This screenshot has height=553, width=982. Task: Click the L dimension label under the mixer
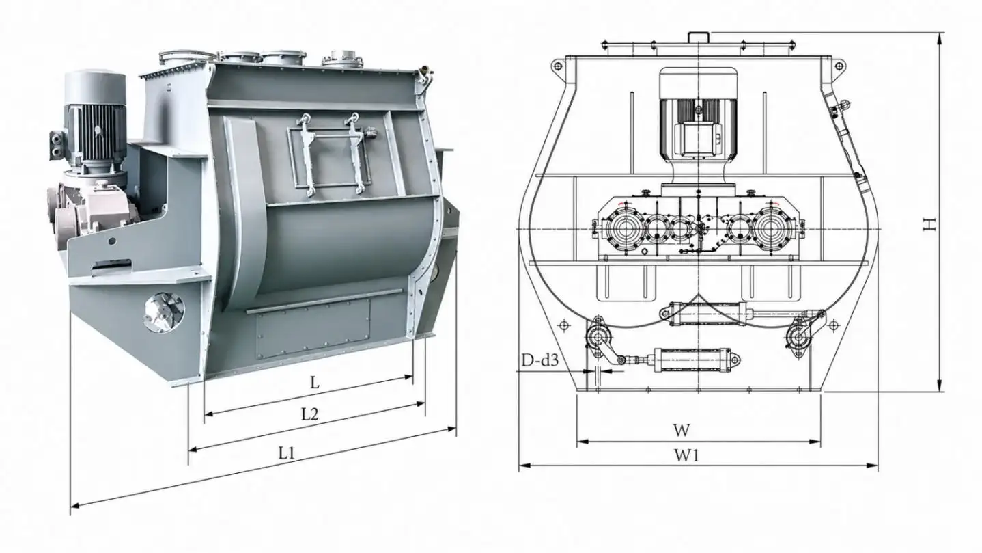tap(315, 383)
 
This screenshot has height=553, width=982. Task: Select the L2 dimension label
tap(309, 414)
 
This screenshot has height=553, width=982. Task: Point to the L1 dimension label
tap(287, 453)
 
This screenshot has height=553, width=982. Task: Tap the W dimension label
tap(682, 430)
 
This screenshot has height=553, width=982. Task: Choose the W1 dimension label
tap(686, 455)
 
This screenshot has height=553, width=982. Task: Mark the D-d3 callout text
tap(539, 361)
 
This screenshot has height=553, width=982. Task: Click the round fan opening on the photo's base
tap(163, 312)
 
